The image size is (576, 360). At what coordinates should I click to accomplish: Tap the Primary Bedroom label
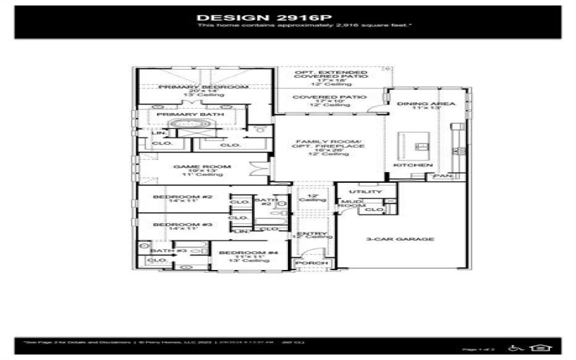(x=203, y=86)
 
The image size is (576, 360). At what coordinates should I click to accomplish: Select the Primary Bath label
(x=190, y=114)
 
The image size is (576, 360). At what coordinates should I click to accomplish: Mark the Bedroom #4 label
(x=238, y=253)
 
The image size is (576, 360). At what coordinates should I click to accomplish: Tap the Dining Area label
(x=426, y=104)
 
